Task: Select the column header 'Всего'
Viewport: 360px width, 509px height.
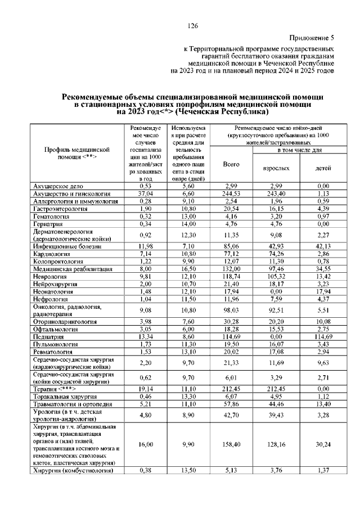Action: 231,164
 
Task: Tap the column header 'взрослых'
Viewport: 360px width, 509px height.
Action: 276,168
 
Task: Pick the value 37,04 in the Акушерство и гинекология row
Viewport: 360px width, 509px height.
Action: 146,193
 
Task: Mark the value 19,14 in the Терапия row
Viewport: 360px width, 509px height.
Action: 146,389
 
